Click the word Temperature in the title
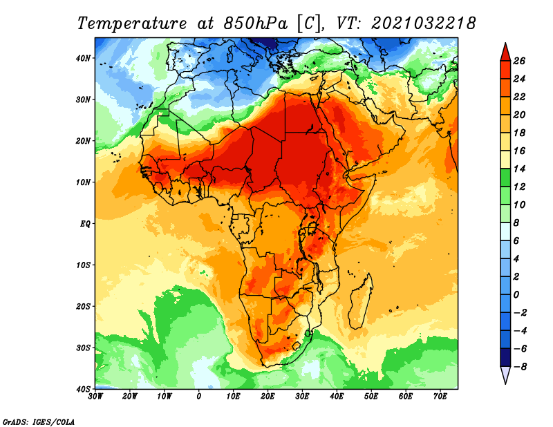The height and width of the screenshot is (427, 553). point(132,23)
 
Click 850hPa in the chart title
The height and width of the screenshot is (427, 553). point(255,23)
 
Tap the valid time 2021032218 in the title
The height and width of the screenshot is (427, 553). point(424,23)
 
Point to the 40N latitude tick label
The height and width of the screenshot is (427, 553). point(83,58)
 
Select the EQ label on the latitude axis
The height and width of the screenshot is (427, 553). point(85,224)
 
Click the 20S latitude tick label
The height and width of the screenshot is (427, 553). point(83,306)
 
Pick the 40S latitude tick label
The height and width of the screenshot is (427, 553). point(83,389)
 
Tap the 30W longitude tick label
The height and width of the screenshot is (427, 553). point(95,397)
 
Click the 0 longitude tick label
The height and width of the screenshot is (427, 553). point(199,397)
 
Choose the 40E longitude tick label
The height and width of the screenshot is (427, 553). point(337,397)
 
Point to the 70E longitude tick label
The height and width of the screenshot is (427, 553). point(440,397)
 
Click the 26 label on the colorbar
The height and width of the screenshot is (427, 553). point(519,61)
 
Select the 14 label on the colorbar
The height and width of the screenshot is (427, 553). point(519,169)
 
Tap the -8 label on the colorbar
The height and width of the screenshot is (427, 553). point(520,367)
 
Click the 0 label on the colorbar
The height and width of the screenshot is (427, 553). point(516,295)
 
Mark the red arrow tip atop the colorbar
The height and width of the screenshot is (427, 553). point(505,43)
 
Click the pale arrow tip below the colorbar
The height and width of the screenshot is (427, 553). point(505,383)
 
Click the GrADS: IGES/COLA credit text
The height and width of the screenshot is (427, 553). point(39,421)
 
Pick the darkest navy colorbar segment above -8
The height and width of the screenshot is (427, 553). point(505,357)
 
